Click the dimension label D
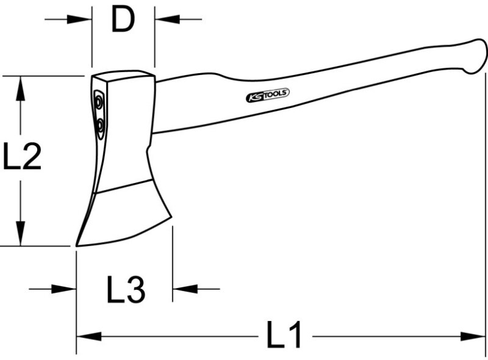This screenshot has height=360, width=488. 123,20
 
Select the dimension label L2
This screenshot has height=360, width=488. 22,156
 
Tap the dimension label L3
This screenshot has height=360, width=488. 126,289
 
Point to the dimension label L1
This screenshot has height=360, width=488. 284,335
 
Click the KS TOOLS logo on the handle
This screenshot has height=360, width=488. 268,95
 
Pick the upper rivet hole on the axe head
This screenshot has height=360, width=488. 99,102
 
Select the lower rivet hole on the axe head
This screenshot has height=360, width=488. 100,126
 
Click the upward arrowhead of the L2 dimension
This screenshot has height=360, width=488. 21,88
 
